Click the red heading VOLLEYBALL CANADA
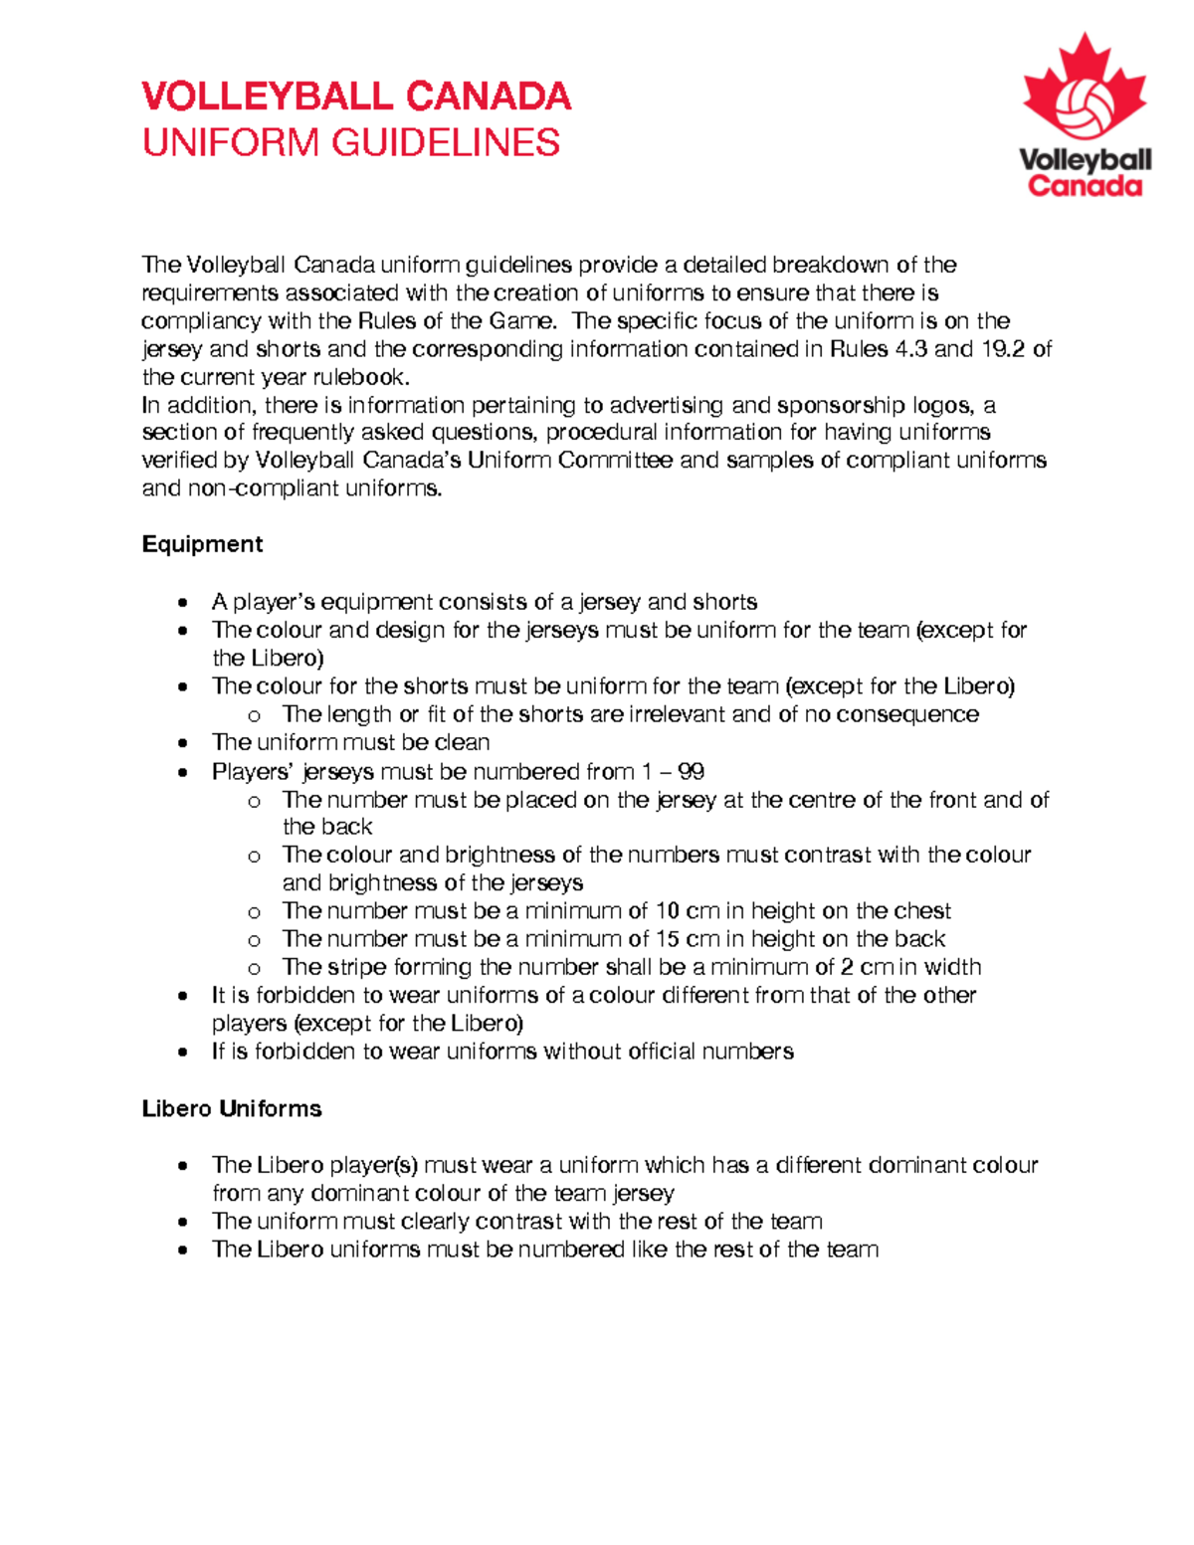(x=356, y=97)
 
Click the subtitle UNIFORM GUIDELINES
(x=351, y=143)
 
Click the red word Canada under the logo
(x=1085, y=186)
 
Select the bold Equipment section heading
(x=202, y=544)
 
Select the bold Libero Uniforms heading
(x=232, y=1108)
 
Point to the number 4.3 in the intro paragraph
(x=911, y=349)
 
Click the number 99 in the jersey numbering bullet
(x=691, y=772)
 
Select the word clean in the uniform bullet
(x=462, y=743)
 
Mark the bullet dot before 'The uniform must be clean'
(x=182, y=743)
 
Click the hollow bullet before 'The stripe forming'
(x=255, y=968)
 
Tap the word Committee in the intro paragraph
(x=615, y=461)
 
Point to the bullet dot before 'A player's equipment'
(x=182, y=603)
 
